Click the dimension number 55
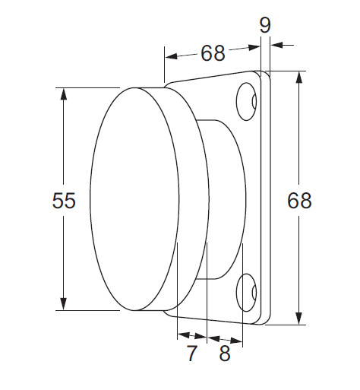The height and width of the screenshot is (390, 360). tap(64, 200)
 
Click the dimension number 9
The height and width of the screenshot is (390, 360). tap(265, 25)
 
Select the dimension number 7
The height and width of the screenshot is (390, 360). tap(192, 353)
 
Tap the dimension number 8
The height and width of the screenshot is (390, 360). tap(225, 353)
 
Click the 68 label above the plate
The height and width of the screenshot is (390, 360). tap(213, 53)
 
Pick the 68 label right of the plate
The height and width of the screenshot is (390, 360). tap(299, 200)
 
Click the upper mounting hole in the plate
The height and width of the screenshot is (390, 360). tap(246, 101)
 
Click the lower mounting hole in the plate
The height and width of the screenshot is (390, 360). tap(246, 293)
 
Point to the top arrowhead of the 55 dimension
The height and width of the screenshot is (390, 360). tap(64, 94)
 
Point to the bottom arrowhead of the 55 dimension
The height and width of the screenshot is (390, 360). tap(64, 304)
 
